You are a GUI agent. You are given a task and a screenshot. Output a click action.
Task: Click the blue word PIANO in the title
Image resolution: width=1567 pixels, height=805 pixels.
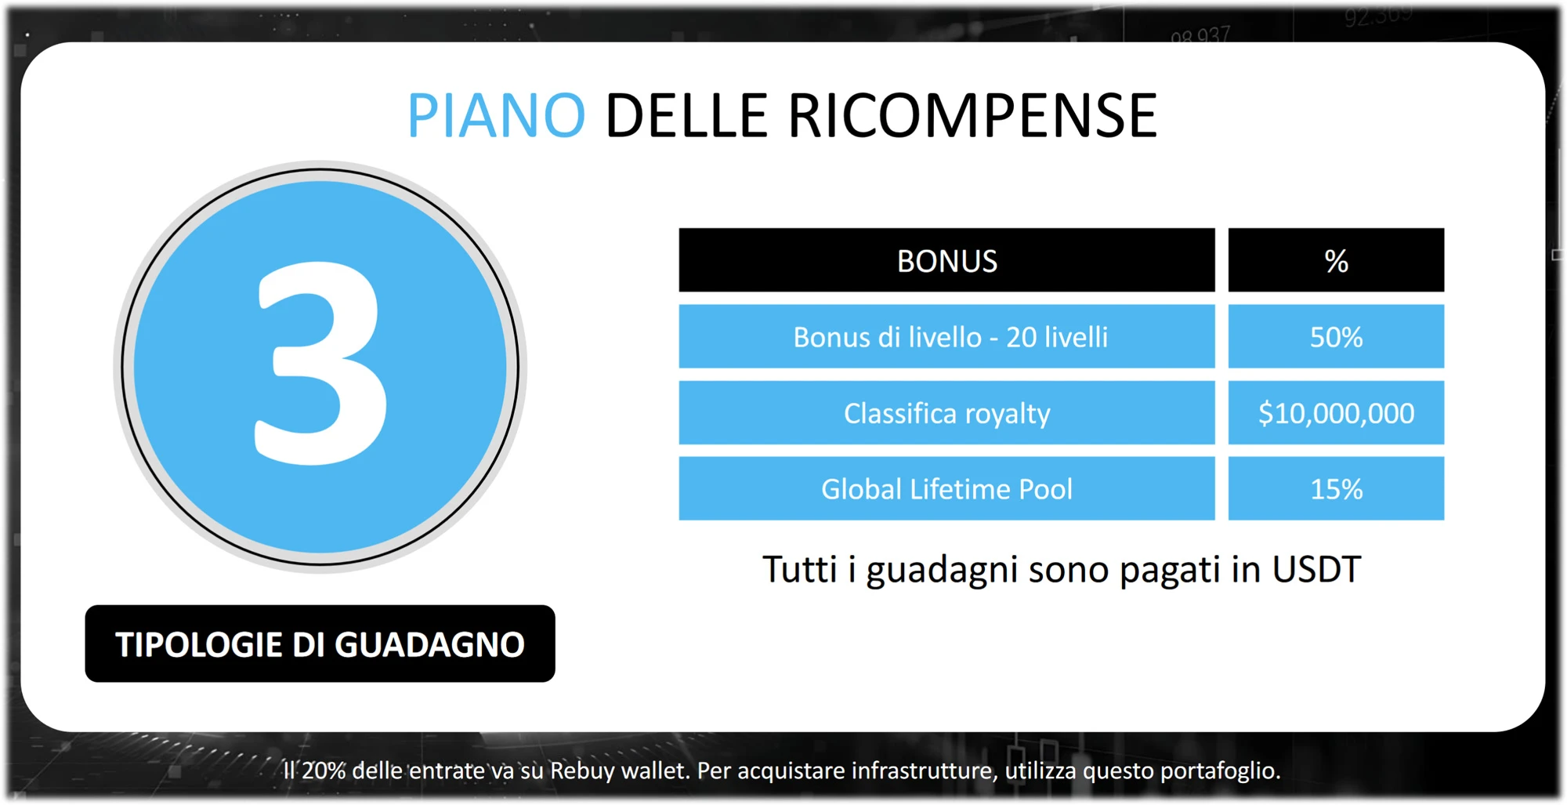click(x=496, y=115)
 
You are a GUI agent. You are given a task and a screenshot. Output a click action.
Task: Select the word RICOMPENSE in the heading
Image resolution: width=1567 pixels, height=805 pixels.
click(x=972, y=115)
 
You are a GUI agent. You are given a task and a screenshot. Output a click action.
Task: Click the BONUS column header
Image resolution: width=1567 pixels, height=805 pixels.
click(x=946, y=260)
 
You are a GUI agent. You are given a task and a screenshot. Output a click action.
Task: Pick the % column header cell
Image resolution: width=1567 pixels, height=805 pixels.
click(x=1336, y=260)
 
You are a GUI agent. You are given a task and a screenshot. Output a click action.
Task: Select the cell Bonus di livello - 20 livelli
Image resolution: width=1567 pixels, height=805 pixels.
click(x=946, y=336)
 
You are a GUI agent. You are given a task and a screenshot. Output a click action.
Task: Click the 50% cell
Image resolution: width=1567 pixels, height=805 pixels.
click(x=1336, y=336)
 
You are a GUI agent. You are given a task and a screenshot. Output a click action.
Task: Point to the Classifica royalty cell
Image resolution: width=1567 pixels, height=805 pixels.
click(x=946, y=412)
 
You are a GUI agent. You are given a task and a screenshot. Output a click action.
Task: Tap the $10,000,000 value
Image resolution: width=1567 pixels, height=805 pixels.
click(x=1336, y=413)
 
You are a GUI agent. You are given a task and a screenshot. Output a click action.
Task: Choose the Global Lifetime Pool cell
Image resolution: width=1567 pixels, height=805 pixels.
click(x=946, y=488)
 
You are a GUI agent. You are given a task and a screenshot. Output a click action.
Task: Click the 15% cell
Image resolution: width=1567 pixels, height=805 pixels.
click(x=1336, y=488)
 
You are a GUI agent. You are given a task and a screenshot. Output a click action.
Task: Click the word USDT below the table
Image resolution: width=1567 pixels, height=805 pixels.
click(x=1316, y=569)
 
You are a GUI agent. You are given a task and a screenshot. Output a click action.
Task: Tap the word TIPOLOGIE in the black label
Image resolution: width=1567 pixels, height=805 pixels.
click(x=199, y=644)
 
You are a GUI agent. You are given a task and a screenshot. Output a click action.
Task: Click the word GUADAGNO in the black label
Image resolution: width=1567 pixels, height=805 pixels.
click(x=429, y=644)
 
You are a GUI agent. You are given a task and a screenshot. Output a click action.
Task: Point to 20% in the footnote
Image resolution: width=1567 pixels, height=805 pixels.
click(x=324, y=771)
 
